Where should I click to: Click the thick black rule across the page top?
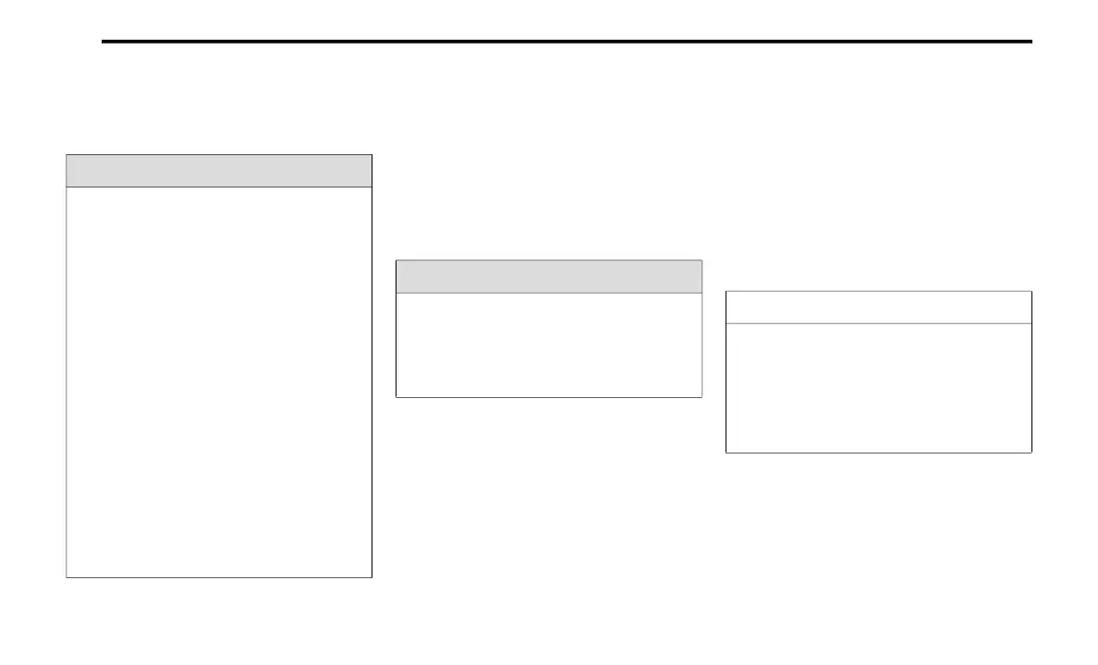566,42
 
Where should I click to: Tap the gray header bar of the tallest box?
219,171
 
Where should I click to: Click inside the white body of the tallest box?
219,382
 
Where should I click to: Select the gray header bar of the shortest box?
548,276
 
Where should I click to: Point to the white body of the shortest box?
548,345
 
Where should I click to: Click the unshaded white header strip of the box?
878,308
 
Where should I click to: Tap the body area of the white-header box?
878,388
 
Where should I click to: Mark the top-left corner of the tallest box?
67,155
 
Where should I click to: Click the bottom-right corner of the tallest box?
372,577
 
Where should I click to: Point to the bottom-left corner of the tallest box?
67,577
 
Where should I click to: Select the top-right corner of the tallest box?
372,155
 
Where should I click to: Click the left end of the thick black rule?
103,42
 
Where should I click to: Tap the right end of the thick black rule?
1031,42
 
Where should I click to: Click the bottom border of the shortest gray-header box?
548,397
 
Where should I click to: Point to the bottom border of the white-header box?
878,453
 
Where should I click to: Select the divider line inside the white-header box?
878,323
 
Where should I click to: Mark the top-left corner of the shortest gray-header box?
396,260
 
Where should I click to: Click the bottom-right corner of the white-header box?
1031,453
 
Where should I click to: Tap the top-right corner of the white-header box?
1031,292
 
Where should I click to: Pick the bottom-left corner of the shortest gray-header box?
396,397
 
